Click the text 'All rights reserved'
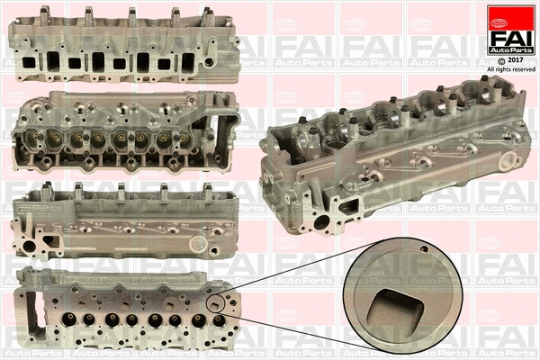510,68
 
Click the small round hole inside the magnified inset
421,249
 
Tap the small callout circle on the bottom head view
217,305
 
